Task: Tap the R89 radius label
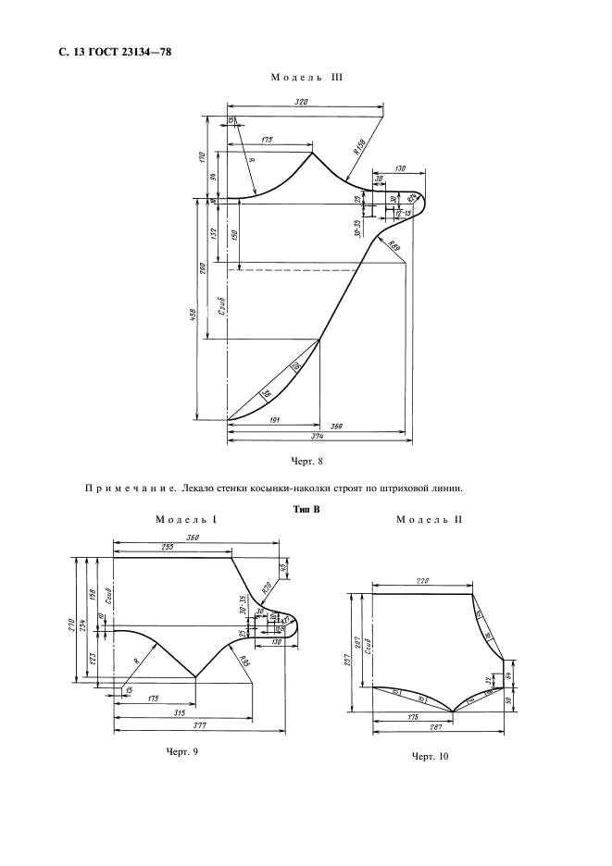(x=393, y=246)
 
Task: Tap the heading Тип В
(x=305, y=508)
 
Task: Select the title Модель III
(x=306, y=78)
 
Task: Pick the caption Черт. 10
(x=430, y=756)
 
